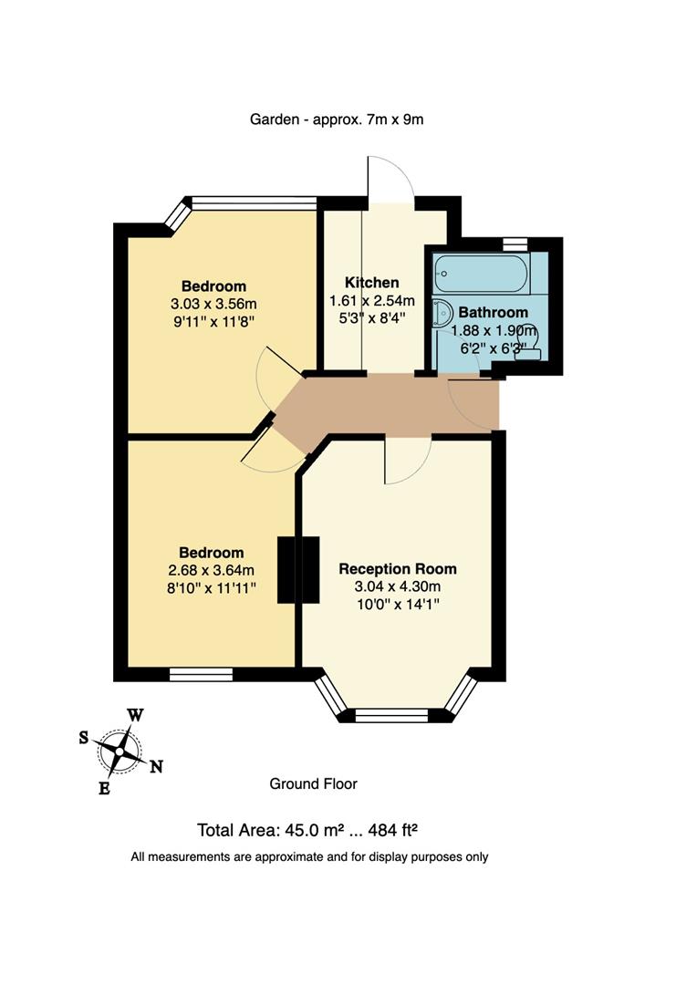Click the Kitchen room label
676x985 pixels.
pos(371,282)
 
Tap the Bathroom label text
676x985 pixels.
pos(493,312)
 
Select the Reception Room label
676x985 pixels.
pos(397,568)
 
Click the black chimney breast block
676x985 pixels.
pos(299,569)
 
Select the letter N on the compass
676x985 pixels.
pos(156,766)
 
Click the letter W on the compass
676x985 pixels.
pos(134,715)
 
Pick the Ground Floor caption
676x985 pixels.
pos(313,783)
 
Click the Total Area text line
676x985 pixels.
pos(307,830)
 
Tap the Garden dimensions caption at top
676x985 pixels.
pos(337,119)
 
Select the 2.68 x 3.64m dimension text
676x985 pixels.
pos(211,570)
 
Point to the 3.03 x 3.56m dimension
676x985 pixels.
pos(213,304)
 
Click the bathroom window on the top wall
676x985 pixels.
pos(515,243)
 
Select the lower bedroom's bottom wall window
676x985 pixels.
pos(201,675)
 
